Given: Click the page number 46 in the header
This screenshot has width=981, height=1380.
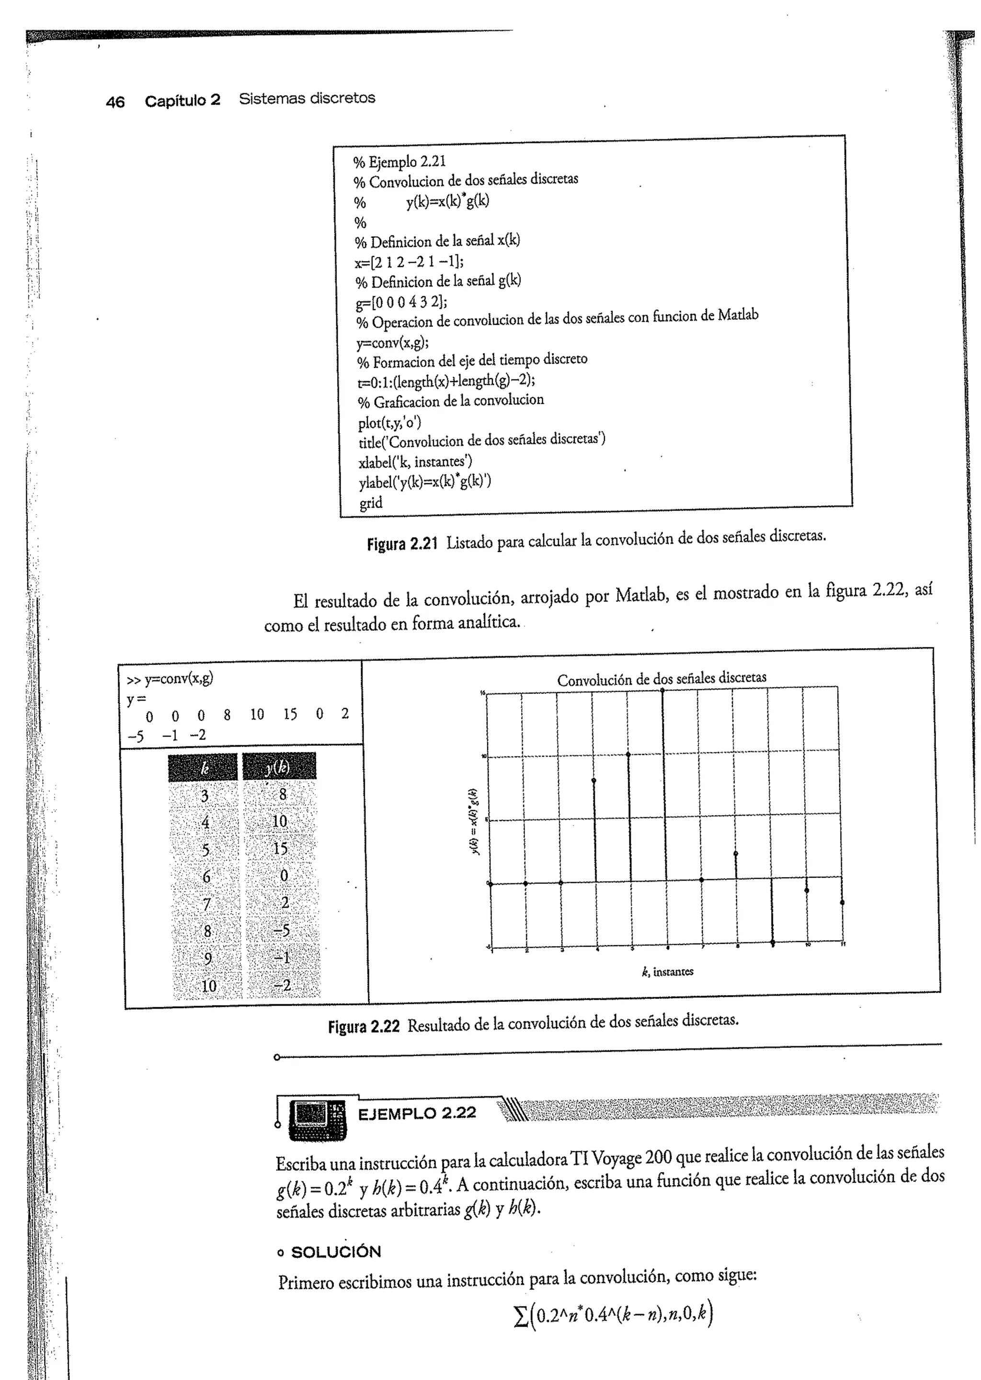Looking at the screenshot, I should (115, 102).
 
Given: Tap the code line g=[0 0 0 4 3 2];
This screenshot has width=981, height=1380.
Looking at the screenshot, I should (401, 302).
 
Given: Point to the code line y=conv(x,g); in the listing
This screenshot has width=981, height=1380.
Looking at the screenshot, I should (393, 343).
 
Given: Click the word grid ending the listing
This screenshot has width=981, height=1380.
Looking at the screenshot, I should (371, 503).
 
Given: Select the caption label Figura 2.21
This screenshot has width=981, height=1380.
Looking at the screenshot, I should (402, 544).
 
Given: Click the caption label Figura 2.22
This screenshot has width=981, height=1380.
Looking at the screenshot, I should (364, 1026).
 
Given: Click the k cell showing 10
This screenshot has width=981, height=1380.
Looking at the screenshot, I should (208, 986).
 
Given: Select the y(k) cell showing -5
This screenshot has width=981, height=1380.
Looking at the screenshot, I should (282, 930).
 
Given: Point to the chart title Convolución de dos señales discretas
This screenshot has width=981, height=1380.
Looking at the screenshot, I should (662, 679).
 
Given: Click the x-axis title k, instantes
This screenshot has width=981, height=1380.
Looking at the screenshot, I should (667, 972).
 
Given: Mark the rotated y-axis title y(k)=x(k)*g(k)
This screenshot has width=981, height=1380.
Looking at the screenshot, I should (475, 822).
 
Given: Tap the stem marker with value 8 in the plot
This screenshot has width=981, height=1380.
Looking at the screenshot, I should (594, 780).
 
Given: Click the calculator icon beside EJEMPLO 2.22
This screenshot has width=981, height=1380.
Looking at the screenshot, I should (318, 1119).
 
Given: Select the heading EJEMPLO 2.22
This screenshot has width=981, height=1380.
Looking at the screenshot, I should (417, 1113).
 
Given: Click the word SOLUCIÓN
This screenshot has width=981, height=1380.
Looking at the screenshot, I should (336, 1252).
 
